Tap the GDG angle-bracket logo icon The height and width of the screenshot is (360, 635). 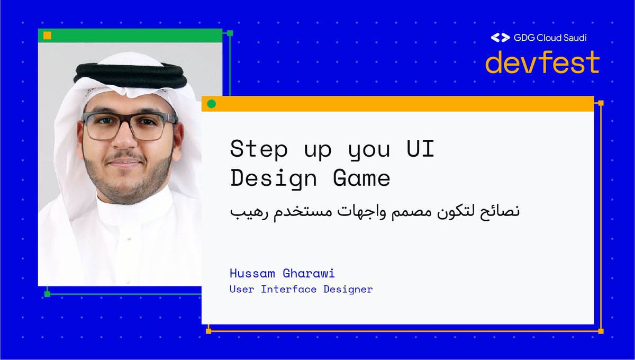click(499, 38)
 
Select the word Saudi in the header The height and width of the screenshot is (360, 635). click(573, 38)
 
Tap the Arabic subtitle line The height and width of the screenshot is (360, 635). click(375, 211)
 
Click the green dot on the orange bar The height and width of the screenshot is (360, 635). click(212, 104)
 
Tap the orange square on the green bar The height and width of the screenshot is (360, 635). click(47, 35)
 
